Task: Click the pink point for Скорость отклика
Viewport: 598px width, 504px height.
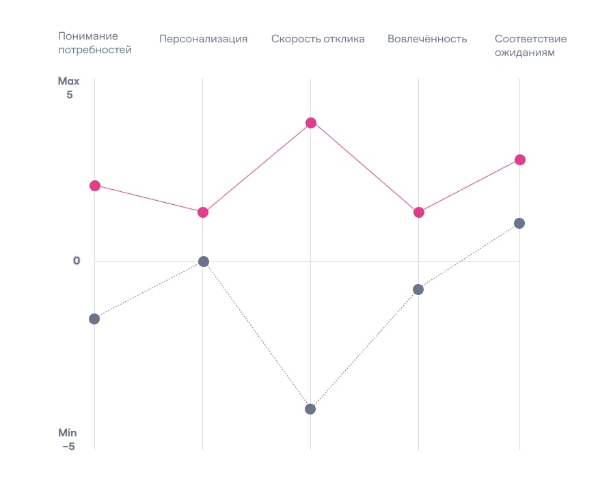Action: coord(311,123)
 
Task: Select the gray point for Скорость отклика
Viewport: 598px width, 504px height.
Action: coord(310,409)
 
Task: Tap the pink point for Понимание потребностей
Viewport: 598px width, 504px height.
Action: coord(95,186)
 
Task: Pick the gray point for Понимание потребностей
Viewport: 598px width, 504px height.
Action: coord(94,319)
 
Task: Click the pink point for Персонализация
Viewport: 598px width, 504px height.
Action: coord(203,212)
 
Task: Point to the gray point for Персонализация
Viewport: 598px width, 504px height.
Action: coord(203,262)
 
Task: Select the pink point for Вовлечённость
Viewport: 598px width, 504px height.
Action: coord(419,212)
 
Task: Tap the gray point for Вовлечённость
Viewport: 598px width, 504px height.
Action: coord(418,290)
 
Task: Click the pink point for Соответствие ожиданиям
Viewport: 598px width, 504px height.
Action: coord(520,160)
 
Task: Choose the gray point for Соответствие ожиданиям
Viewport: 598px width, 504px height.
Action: coord(519,223)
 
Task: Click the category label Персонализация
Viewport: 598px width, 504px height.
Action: coord(203,39)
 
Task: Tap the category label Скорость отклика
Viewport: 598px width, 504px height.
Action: coord(318,39)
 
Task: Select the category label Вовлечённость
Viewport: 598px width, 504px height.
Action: coord(427,39)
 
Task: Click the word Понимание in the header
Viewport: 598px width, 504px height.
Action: coord(88,36)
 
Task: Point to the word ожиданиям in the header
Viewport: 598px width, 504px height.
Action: coord(525,53)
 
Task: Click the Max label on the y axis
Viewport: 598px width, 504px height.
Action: coord(68,81)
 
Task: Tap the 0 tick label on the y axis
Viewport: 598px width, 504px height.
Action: coord(77,261)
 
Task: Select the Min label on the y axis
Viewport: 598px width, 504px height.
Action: coord(68,433)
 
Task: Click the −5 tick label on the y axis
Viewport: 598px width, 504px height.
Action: coord(68,447)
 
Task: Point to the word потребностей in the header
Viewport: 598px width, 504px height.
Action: coord(95,50)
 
